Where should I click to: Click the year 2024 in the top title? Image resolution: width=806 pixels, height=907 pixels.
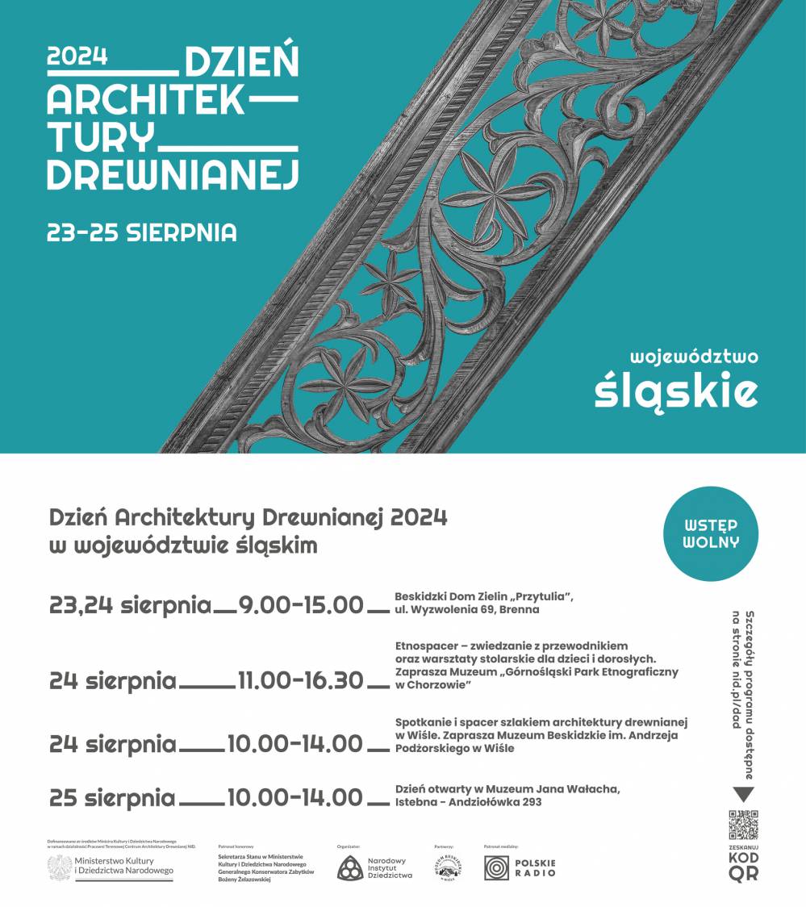(x=77, y=56)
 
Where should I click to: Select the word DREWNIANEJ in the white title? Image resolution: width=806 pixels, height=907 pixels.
(x=173, y=173)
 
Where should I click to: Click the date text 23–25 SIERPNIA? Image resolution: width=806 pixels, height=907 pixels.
(x=142, y=232)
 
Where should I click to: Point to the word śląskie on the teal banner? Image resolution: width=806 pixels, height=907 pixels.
(x=676, y=391)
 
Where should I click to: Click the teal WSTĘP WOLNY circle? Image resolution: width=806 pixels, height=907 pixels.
(x=711, y=533)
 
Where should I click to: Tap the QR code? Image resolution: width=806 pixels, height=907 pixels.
(x=743, y=825)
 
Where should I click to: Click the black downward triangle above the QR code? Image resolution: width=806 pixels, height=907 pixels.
(x=743, y=795)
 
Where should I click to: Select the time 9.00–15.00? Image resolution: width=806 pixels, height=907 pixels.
(x=301, y=604)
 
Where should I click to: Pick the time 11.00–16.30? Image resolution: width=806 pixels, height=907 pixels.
(x=301, y=680)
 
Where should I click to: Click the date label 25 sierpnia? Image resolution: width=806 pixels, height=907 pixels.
(x=112, y=798)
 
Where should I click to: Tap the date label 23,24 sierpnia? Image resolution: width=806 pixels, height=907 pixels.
(x=130, y=604)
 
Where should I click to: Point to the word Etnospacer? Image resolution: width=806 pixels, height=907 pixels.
(x=428, y=646)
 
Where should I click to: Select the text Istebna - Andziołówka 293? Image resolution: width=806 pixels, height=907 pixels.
(x=468, y=802)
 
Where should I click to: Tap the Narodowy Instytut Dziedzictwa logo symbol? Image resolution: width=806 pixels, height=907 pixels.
(x=350, y=868)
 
